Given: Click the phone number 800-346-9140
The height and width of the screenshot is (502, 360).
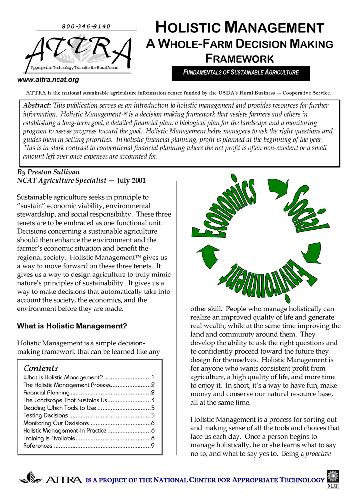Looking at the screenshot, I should [86, 26].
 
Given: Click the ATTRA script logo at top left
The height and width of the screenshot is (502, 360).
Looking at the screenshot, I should [78, 52].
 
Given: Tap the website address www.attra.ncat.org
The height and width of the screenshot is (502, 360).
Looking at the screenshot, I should [48, 80].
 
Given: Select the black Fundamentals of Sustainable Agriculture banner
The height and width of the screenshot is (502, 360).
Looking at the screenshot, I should [241, 73].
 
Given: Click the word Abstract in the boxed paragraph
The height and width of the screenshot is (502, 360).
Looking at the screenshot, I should [37, 105].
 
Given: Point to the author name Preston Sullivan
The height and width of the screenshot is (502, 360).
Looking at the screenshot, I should [53, 172].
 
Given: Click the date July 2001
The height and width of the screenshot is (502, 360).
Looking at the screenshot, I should [131, 180].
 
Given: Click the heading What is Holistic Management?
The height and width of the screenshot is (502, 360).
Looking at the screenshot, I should [72, 326].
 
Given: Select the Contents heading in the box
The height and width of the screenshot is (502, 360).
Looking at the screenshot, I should [41, 368].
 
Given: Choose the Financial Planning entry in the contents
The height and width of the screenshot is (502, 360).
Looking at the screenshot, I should [46, 393].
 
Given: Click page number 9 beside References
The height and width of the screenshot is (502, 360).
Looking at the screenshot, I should [153, 446].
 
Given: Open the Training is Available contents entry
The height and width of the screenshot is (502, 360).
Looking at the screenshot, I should [49, 438].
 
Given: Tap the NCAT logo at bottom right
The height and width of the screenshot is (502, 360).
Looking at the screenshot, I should [333, 479].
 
